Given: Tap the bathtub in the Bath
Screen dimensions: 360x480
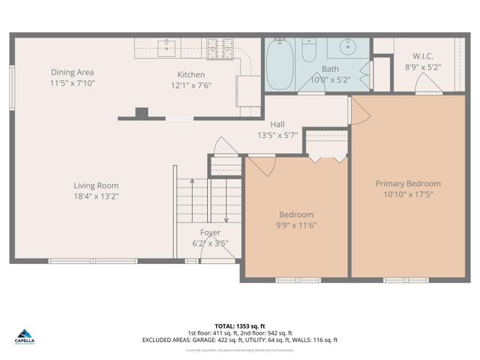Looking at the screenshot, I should pos(282,64).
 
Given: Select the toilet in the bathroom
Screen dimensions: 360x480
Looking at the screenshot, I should pos(309,50).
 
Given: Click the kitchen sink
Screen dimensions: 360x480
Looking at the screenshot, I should pos(166,46).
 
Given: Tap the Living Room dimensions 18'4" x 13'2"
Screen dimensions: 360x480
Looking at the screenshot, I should pos(96,196).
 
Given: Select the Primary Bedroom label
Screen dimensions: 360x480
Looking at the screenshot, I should pos(408,183).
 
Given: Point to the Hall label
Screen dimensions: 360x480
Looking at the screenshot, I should pos(277,124).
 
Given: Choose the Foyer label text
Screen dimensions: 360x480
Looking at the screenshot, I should pos(210,232).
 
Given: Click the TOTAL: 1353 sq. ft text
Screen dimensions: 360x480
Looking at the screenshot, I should pos(240,326).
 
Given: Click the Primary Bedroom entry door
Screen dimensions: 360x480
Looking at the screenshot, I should pos(357,111).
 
